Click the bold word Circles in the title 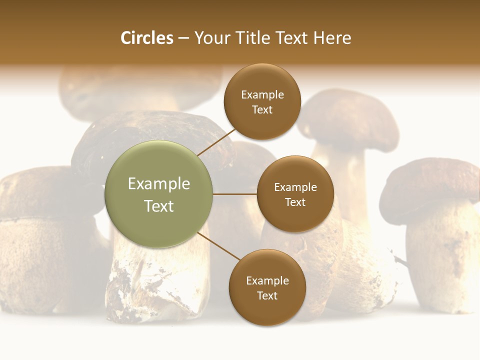(147, 38)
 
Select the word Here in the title (332, 38)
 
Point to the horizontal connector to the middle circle (234, 194)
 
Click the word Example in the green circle (159, 184)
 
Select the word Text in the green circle (159, 206)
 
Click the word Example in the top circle (262, 95)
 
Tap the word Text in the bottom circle (267, 295)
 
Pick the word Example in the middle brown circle (295, 187)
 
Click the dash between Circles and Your (183, 38)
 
